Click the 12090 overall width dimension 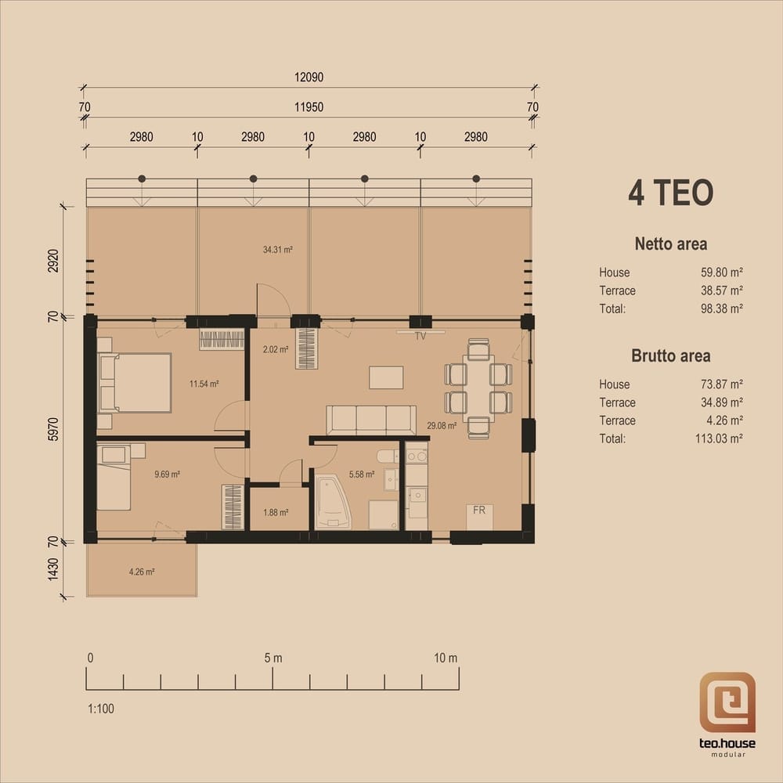click(309, 78)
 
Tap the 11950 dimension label click(309, 107)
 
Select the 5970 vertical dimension click(53, 429)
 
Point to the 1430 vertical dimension click(53, 569)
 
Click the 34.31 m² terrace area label click(278, 250)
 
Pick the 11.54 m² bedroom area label click(204, 384)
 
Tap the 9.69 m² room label click(167, 474)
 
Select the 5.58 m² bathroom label click(362, 474)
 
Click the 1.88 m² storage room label click(276, 512)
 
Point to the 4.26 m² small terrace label click(141, 572)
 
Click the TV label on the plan click(420, 336)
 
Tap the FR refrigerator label click(479, 511)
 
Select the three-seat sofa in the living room click(371, 420)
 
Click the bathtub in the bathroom click(333, 503)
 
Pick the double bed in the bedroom click(135, 383)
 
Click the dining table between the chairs click(478, 388)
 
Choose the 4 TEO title click(671, 193)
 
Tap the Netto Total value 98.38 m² click(722, 309)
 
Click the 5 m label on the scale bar click(273, 659)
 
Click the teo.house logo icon click(727, 702)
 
